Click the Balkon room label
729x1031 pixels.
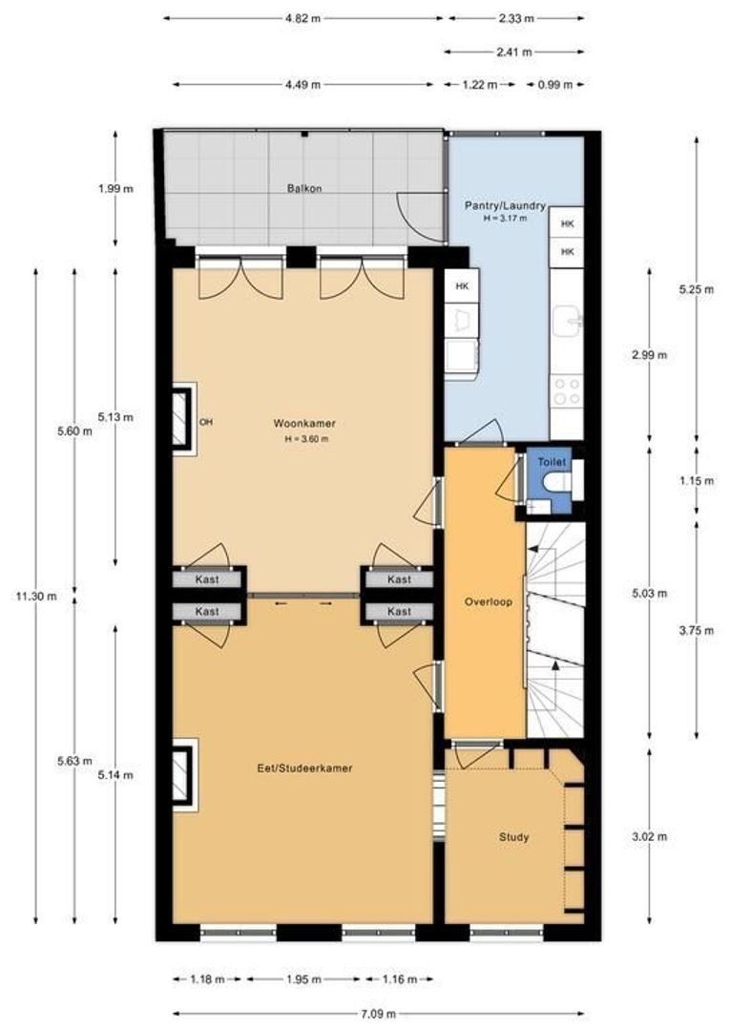pos(303,189)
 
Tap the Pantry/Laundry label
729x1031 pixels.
pos(505,205)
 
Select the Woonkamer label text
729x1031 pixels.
pos(303,423)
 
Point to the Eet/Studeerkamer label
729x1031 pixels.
pos(305,767)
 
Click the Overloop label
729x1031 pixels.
pos(489,602)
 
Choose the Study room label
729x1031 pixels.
pos(513,837)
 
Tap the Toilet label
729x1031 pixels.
pos(552,462)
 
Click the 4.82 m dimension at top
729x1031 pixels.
pos(302,17)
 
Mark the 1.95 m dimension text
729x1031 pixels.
pos(302,979)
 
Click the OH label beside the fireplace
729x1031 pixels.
pos(205,422)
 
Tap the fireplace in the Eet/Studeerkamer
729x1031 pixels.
pos(182,769)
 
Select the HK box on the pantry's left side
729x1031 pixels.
pos(462,286)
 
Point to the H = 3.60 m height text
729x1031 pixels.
pos(306,439)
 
